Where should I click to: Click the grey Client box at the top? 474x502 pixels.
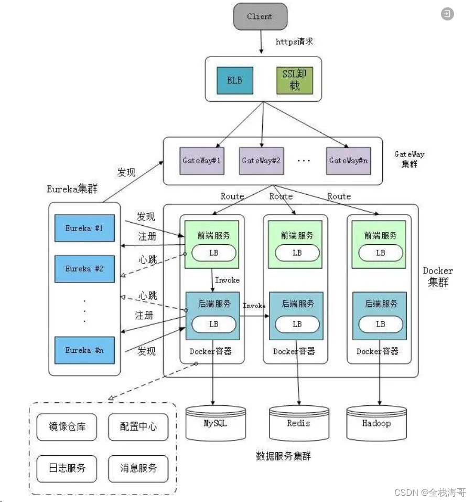pos(260,16)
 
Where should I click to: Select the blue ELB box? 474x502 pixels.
pos(234,80)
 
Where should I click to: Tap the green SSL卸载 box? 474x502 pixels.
pos(294,80)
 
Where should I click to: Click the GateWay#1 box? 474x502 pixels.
pos(202,160)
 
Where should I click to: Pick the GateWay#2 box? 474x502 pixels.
pos(261,160)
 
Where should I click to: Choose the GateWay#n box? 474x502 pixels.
pos(348,160)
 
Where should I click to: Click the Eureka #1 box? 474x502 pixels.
pos(84,228)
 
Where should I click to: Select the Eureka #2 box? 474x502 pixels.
pos(84,268)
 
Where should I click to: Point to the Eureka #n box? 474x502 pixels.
pos(84,350)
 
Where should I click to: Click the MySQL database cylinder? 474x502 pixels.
pos(216,423)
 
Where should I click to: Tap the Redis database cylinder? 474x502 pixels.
pos(299,423)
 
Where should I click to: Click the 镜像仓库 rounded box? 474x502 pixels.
pos(66,426)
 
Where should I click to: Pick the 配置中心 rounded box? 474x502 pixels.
pos(138,426)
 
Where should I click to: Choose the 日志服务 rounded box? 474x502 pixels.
pos(66,467)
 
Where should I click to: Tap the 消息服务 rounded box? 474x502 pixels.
pos(138,467)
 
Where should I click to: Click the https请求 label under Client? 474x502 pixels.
pos(294,41)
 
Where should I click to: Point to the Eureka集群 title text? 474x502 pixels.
pos(72,189)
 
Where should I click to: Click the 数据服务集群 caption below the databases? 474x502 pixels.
pos(283,456)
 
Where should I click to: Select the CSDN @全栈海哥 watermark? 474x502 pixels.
pos(429,492)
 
